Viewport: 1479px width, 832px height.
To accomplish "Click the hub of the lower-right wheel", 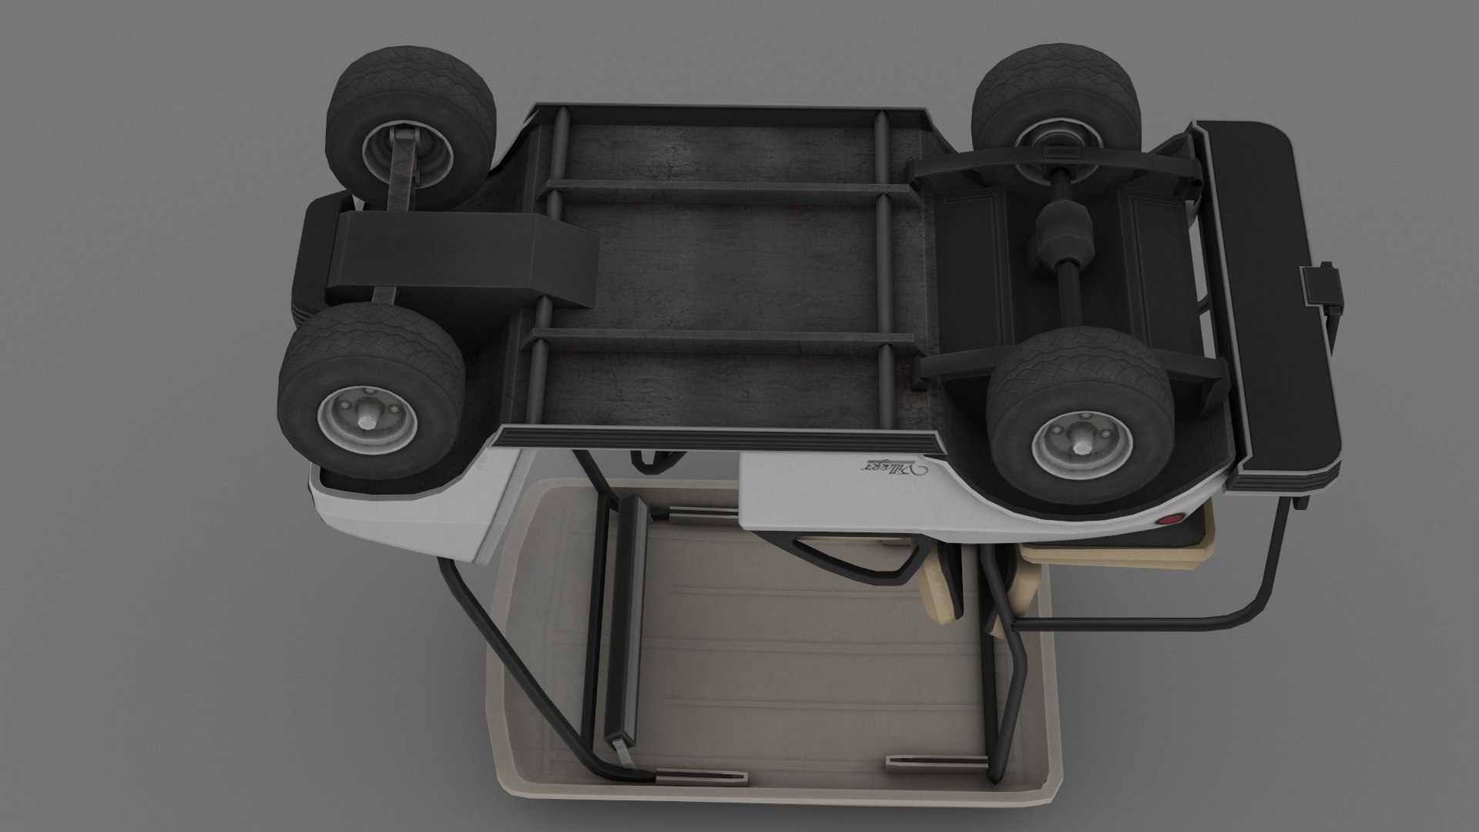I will (x=1076, y=445).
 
